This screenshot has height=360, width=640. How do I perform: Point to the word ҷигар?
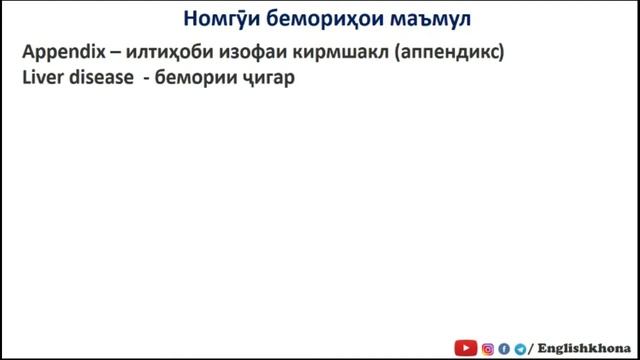265,74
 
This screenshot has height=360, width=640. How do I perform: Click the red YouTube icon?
466,348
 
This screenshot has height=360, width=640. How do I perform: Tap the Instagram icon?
488,348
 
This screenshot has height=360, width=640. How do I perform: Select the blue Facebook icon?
504,348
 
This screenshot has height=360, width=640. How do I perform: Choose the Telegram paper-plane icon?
519,348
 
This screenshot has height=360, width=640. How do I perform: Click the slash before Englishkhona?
531,348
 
